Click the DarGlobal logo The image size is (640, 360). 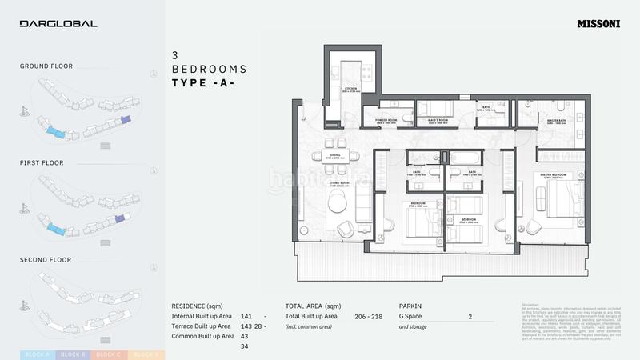click(58, 24)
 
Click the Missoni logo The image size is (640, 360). click(599, 24)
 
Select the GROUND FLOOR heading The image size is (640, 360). click(46, 66)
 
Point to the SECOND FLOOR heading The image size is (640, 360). click(46, 260)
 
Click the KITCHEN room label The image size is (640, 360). click(350, 90)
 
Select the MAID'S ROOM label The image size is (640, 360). click(437, 122)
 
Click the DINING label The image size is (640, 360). click(334, 158)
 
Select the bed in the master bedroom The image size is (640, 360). click(566, 197)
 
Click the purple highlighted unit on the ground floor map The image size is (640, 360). click(125, 120)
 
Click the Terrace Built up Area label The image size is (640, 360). click(202, 326)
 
